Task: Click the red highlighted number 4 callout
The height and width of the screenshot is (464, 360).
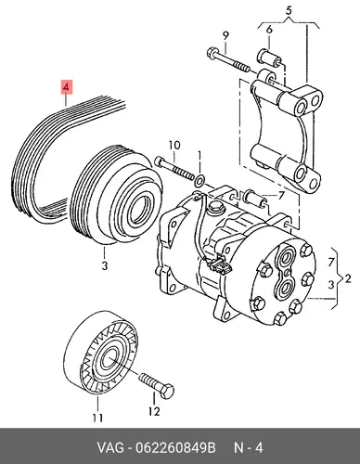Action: point(67,87)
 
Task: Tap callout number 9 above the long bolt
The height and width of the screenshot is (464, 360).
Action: point(225,36)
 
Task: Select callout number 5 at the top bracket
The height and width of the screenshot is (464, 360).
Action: point(289,10)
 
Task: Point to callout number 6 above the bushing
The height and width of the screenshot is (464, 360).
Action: point(269,30)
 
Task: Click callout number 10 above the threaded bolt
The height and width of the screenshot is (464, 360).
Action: point(174,146)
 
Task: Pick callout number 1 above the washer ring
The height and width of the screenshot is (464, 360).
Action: point(199,156)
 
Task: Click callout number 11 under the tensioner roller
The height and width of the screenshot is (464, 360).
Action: point(97,419)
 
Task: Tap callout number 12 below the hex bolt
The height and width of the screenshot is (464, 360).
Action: point(154,411)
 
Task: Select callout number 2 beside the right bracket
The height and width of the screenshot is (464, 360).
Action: point(348,279)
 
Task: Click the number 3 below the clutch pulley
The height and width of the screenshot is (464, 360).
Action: point(105,265)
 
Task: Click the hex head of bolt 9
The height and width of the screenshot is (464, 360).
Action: point(212,53)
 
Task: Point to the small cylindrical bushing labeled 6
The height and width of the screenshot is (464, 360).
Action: point(269,58)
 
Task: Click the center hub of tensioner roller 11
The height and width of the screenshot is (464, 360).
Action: point(109,358)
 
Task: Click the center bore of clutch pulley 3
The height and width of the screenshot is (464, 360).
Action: point(141,208)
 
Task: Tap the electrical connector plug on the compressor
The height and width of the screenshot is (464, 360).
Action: point(219,264)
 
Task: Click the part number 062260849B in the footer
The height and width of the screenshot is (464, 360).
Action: point(175,447)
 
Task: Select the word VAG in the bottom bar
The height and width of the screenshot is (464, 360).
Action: point(110,447)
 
